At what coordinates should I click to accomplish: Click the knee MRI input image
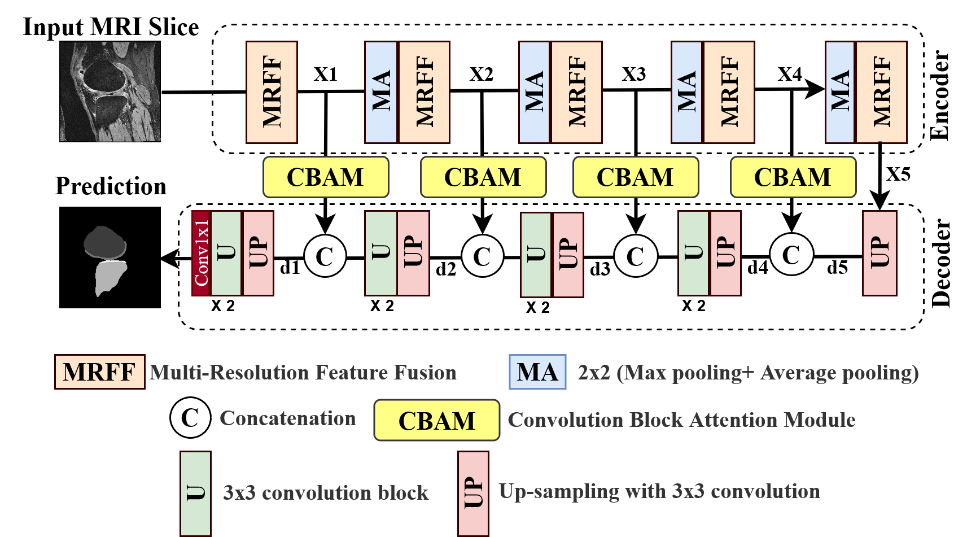click(x=110, y=91)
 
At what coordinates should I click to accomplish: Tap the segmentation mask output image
click(x=105, y=260)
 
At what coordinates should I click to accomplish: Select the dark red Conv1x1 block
click(x=202, y=253)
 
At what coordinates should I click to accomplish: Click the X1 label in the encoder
click(x=325, y=74)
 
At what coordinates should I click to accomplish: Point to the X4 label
click(x=789, y=74)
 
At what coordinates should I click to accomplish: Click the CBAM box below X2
click(x=483, y=177)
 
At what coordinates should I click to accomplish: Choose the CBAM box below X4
click(x=793, y=177)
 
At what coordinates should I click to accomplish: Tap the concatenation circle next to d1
click(x=325, y=256)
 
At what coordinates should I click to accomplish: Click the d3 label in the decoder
click(x=600, y=269)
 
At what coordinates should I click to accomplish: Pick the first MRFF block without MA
click(x=272, y=92)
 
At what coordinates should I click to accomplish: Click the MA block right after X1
click(x=381, y=92)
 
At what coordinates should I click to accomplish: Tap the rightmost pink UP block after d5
click(x=880, y=253)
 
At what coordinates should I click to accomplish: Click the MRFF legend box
click(x=99, y=372)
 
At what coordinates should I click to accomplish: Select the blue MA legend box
click(x=537, y=372)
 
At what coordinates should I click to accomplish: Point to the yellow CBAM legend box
click(x=436, y=421)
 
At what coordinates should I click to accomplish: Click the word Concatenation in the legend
click(x=287, y=418)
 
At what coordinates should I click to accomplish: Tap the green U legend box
click(x=195, y=493)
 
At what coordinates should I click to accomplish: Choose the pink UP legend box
click(x=473, y=493)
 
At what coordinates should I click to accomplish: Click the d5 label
click(x=837, y=268)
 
